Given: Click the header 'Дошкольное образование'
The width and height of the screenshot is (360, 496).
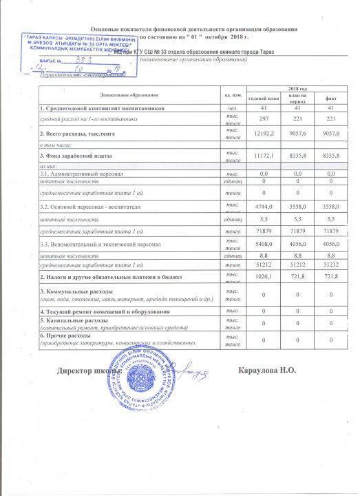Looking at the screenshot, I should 129,93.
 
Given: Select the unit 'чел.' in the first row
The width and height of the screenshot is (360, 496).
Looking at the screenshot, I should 232,108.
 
